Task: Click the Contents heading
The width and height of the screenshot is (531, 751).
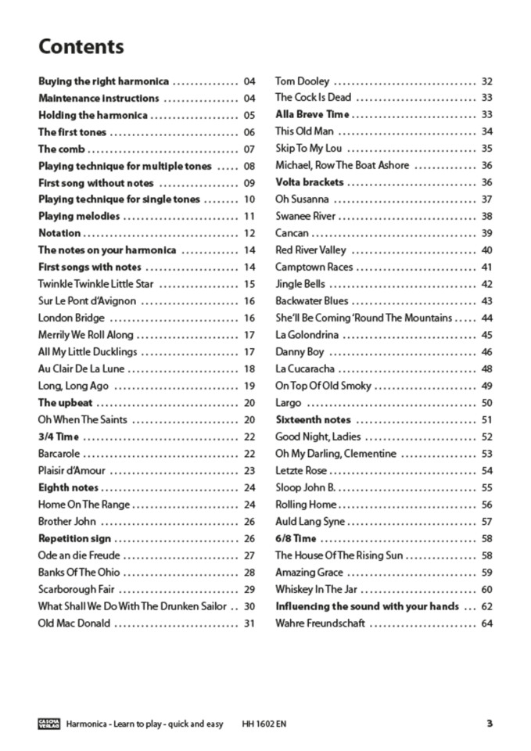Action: click(x=81, y=47)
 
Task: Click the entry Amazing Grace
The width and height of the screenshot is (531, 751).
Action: click(x=309, y=573)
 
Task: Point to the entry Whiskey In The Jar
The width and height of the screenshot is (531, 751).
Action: click(x=316, y=589)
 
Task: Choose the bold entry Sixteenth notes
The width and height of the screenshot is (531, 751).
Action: click(x=313, y=420)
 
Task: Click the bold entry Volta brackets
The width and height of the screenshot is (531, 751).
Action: click(x=309, y=182)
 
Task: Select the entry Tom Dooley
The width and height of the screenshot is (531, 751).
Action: click(x=302, y=81)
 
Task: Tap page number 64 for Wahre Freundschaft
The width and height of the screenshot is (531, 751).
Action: click(x=487, y=623)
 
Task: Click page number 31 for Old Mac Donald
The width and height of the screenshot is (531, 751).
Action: click(x=249, y=623)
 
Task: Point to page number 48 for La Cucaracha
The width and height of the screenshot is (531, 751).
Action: click(x=487, y=369)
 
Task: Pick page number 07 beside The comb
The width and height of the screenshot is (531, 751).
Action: click(x=249, y=149)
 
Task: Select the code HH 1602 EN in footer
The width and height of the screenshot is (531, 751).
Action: click(x=264, y=724)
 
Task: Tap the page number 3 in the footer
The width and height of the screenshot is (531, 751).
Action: click(x=490, y=724)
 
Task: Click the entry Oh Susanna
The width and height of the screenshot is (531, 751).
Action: click(x=302, y=199)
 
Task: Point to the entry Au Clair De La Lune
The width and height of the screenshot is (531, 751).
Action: click(x=81, y=369)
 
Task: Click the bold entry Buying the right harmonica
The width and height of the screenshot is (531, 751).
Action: click(x=103, y=81)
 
